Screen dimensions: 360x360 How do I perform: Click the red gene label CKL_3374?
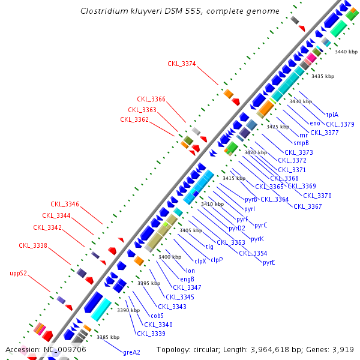tap(182, 64)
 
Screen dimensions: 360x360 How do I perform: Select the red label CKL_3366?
tap(151, 99)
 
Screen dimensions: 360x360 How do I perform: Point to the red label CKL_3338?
tap(32, 245)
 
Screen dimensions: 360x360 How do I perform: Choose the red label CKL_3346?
tap(65, 204)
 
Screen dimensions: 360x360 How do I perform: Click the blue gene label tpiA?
tap(332, 115)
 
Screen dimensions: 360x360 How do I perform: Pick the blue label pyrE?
tap(269, 262)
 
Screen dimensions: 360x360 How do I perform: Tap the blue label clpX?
tap(200, 261)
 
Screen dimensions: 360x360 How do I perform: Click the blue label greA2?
tap(131, 352)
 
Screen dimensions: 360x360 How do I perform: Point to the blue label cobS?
tap(157, 316)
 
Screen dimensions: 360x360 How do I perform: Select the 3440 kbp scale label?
tap(346, 52)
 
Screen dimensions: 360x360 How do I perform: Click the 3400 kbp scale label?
tap(170, 257)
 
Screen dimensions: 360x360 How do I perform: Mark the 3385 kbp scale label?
tap(108, 337)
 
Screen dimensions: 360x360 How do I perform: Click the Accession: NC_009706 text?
tap(46, 349)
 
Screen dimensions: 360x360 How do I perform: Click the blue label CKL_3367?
tap(308, 206)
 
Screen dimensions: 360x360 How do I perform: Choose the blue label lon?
tap(191, 271)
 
